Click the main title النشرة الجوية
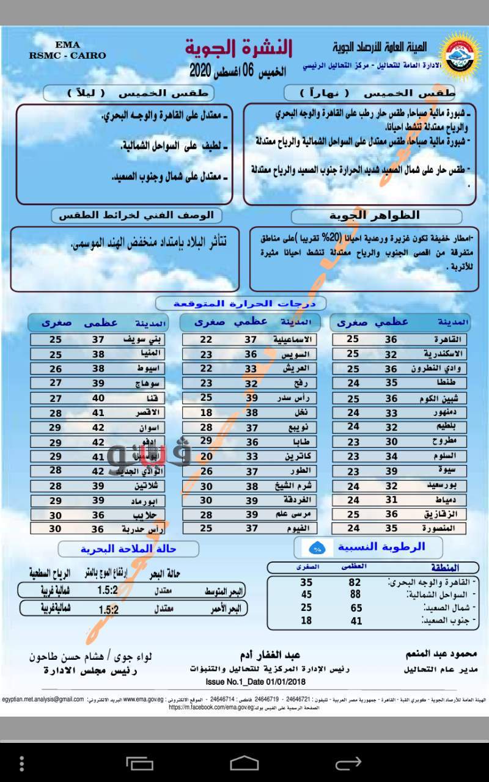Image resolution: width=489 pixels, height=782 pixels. click(239, 48)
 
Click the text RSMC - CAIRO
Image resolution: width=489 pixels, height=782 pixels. click(67, 55)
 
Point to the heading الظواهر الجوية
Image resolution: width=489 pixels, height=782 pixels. click(375, 216)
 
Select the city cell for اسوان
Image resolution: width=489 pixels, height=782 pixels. click(150, 428)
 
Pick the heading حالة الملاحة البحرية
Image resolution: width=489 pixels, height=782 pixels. click(128, 549)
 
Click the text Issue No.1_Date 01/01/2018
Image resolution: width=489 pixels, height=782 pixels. click(256, 681)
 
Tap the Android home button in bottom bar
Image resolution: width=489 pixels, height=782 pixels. click(244, 763)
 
